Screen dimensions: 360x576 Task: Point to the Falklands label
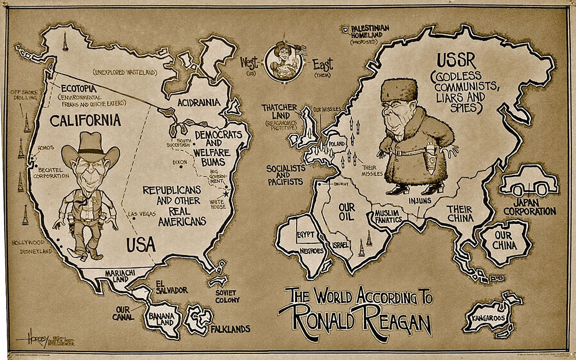[x=230, y=329]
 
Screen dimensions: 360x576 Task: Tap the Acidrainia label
[x=199, y=102]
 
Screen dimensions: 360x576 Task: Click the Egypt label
[x=306, y=235]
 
